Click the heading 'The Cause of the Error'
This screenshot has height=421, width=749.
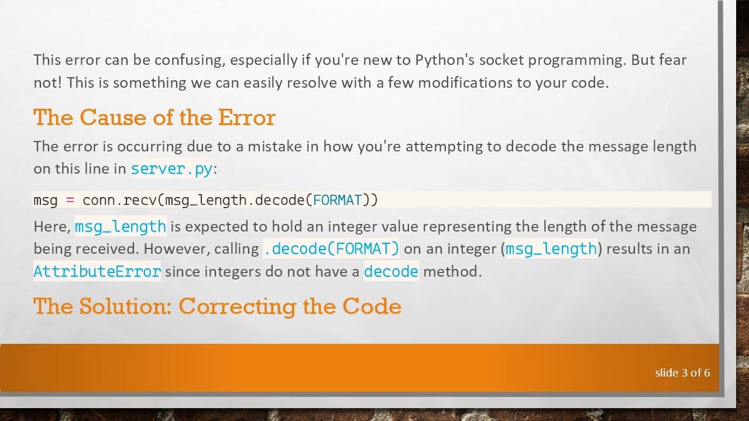click(154, 118)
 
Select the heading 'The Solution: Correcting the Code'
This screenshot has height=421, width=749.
click(217, 306)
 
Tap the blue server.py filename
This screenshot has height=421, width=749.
click(171, 169)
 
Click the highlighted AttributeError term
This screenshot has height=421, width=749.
click(97, 271)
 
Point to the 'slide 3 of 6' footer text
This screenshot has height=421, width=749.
click(682, 372)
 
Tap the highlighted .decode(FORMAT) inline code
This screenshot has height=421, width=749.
click(331, 249)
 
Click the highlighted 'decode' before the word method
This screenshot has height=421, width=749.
click(391, 271)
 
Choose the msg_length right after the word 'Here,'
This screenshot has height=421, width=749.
click(121, 226)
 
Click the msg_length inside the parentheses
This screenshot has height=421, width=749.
click(551, 249)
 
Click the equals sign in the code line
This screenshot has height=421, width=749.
click(70, 200)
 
